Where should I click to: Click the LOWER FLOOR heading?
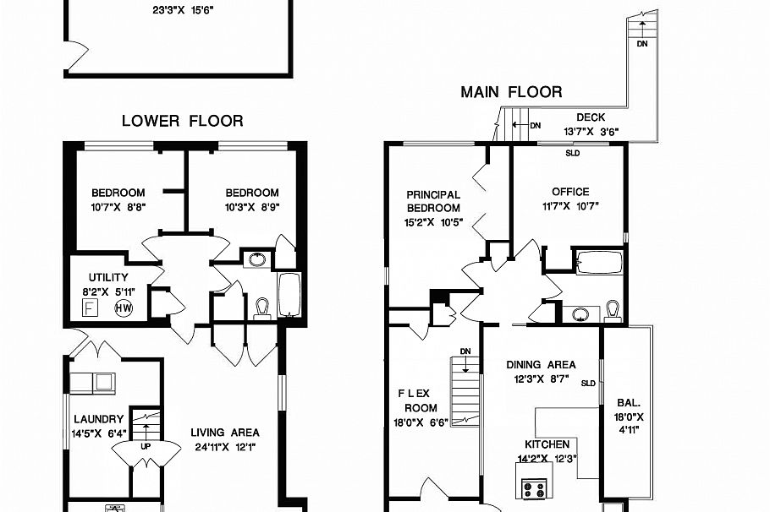coord(182,121)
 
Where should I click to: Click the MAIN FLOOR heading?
coord(511,92)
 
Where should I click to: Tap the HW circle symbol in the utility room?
coord(124,308)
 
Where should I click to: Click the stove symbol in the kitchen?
coord(535,488)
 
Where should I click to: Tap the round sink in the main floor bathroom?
coord(580,314)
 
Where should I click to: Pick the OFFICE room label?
coord(569,192)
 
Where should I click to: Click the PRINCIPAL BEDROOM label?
coord(433,201)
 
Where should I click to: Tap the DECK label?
coord(590,117)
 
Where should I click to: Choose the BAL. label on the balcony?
coord(628,403)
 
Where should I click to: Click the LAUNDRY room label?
coord(98,419)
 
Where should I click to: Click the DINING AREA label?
coord(542,365)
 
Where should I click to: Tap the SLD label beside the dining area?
coord(588,383)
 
